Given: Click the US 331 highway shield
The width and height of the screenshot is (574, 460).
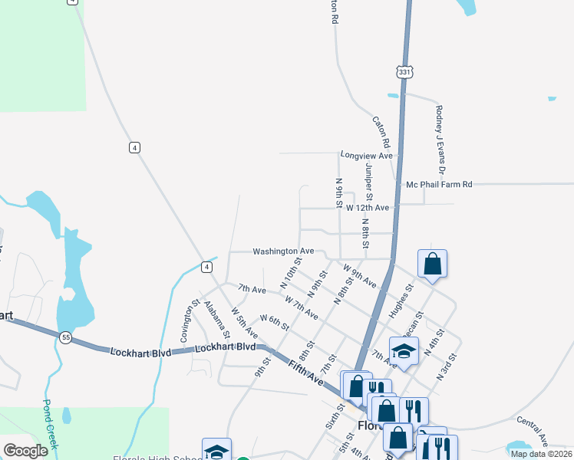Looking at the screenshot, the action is pos(404,72).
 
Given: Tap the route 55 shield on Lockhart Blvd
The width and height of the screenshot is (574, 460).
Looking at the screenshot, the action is pos(67,337).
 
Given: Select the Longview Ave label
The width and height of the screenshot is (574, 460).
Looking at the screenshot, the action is pos(367,156).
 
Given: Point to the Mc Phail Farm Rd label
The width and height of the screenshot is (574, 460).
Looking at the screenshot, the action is pos(439,185).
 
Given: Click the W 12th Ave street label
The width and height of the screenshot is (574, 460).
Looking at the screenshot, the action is pos(367,208).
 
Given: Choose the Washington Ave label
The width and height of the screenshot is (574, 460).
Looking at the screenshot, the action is pos(284,251).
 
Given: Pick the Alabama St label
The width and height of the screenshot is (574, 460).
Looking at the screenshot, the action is pos(217,320).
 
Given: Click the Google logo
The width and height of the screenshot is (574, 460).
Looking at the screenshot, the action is pos(25,451).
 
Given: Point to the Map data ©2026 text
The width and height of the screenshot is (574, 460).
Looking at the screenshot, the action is pos(540,454).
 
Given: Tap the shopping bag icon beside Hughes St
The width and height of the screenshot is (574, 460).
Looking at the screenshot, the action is pos(433,264).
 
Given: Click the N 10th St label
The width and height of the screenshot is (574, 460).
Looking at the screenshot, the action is pos(289,274).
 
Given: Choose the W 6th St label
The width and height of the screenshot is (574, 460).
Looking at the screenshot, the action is pos(275,323).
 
